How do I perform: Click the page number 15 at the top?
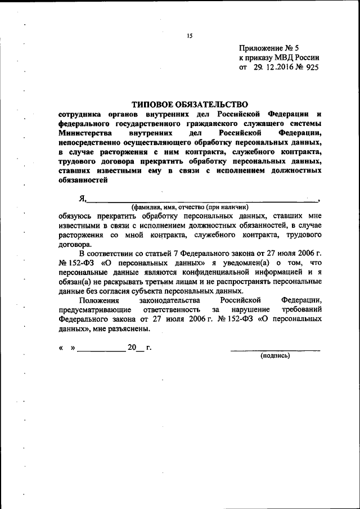pyautogui.click(x=190, y=35)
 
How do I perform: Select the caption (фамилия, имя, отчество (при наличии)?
pyautogui.click(x=190, y=206)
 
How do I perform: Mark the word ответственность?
pyautogui.click(x=167, y=310)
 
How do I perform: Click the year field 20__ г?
pyautogui.click(x=139, y=348)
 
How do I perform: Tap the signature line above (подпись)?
pyautogui.click(x=275, y=350)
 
